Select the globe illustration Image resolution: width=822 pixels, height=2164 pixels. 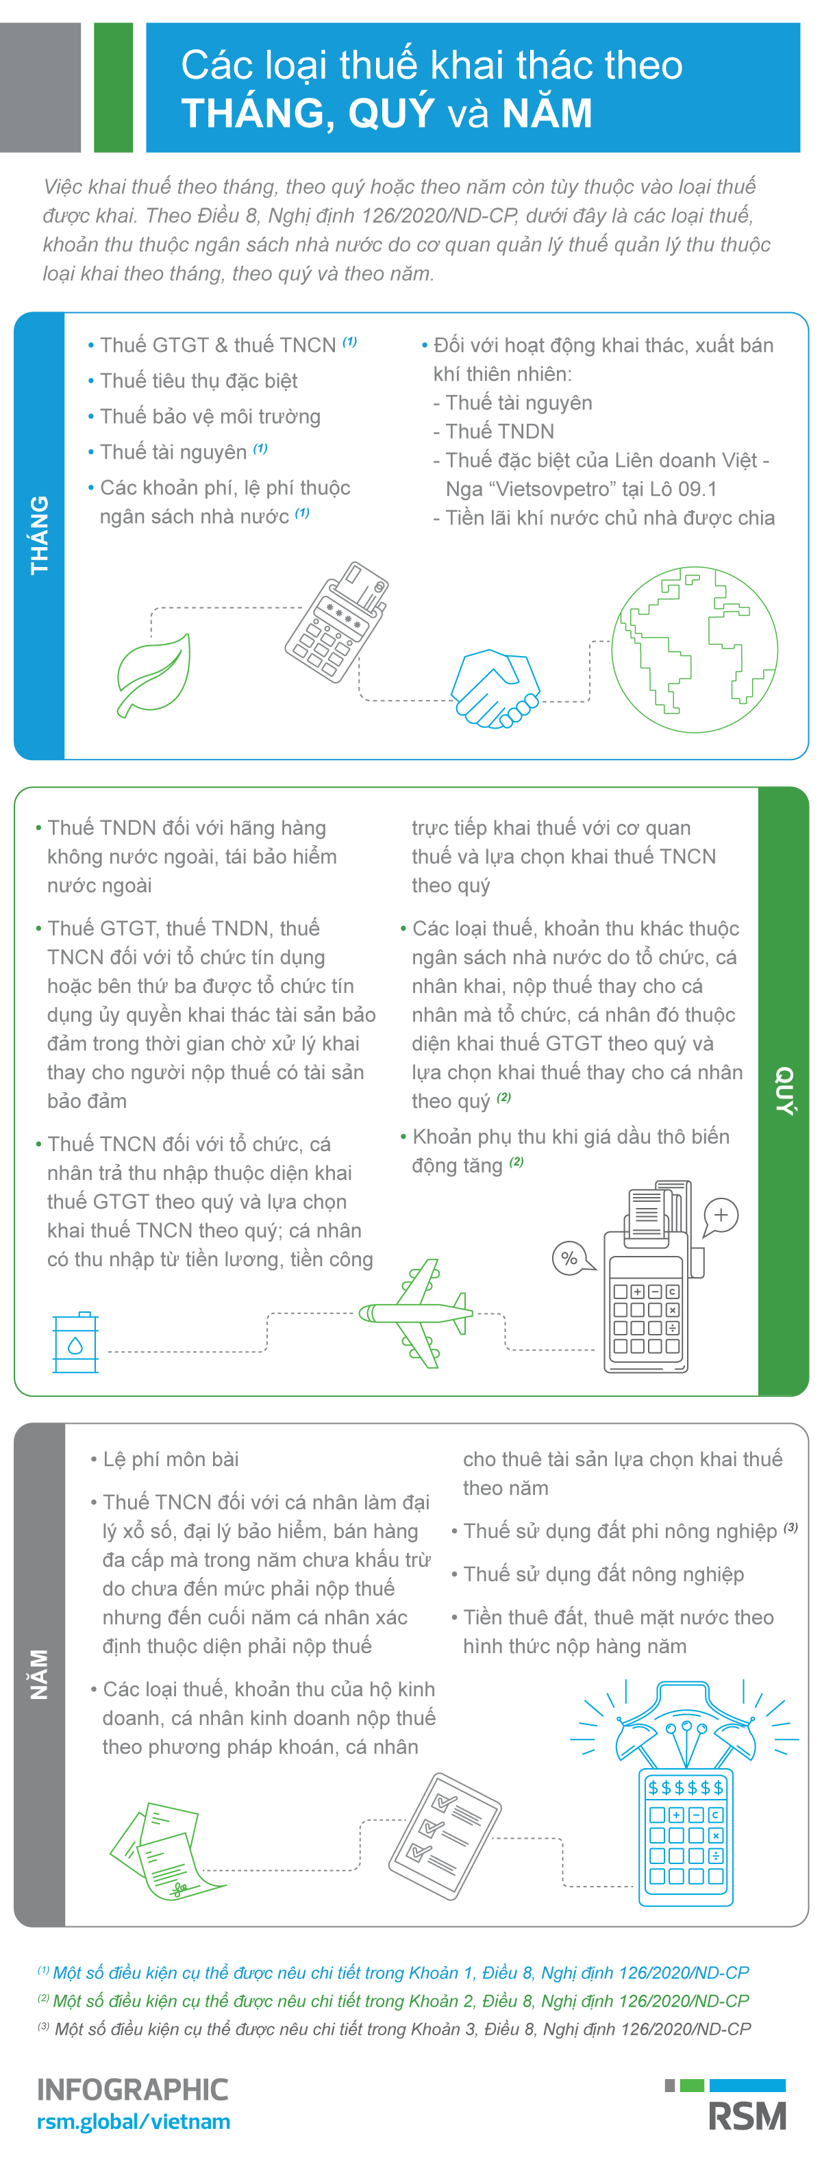coord(694,649)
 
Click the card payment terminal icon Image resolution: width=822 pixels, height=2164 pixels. coord(336,622)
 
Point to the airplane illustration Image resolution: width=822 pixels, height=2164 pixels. coord(415,1313)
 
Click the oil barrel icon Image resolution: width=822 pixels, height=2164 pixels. coord(75,1342)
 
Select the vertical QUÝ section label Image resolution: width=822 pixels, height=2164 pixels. coord(784,1090)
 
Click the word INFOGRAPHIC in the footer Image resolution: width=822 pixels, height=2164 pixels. coord(133,2089)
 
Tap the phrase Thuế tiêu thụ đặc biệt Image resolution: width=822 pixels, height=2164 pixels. coord(199,381)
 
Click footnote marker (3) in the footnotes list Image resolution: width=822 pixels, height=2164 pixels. coord(43,2026)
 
